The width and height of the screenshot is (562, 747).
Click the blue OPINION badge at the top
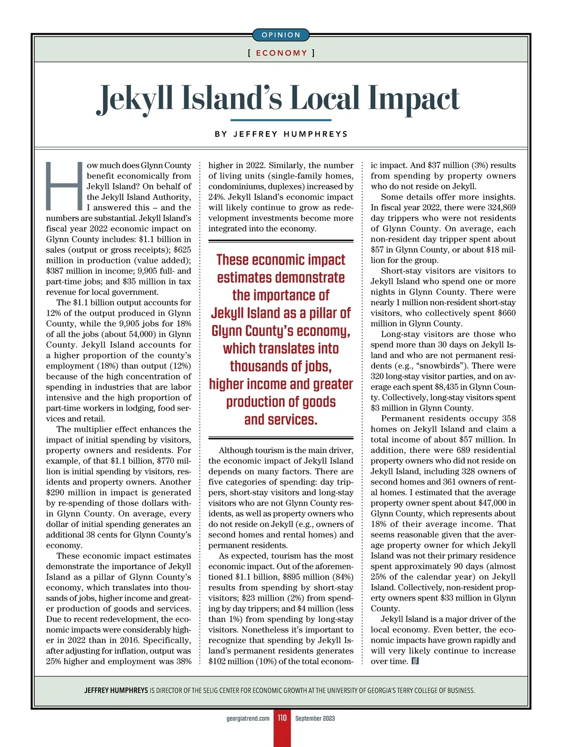click(281, 35)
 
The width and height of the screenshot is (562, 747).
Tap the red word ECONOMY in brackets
click(281, 53)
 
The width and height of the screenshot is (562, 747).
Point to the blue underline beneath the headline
click(281, 120)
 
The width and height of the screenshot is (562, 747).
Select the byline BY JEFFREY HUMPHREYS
click(281, 134)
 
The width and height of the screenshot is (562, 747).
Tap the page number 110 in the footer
click(282, 718)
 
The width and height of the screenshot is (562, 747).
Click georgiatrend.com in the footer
click(248, 718)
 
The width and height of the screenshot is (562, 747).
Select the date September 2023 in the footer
click(315, 718)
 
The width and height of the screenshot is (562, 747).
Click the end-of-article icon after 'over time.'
click(415, 661)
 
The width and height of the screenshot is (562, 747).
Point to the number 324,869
click(499, 207)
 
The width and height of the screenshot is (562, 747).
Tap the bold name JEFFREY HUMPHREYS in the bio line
click(116, 690)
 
